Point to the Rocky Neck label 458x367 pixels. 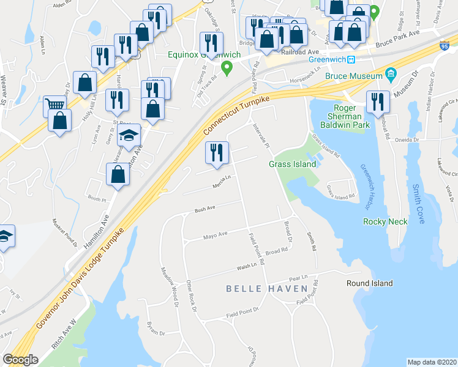(385, 221)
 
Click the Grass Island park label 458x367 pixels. (293, 164)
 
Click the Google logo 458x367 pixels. (20, 360)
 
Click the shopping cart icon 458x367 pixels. (55, 105)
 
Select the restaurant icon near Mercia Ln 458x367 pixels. (216, 153)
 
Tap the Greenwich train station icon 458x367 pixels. (352, 60)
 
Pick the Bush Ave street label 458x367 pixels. (205, 209)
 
